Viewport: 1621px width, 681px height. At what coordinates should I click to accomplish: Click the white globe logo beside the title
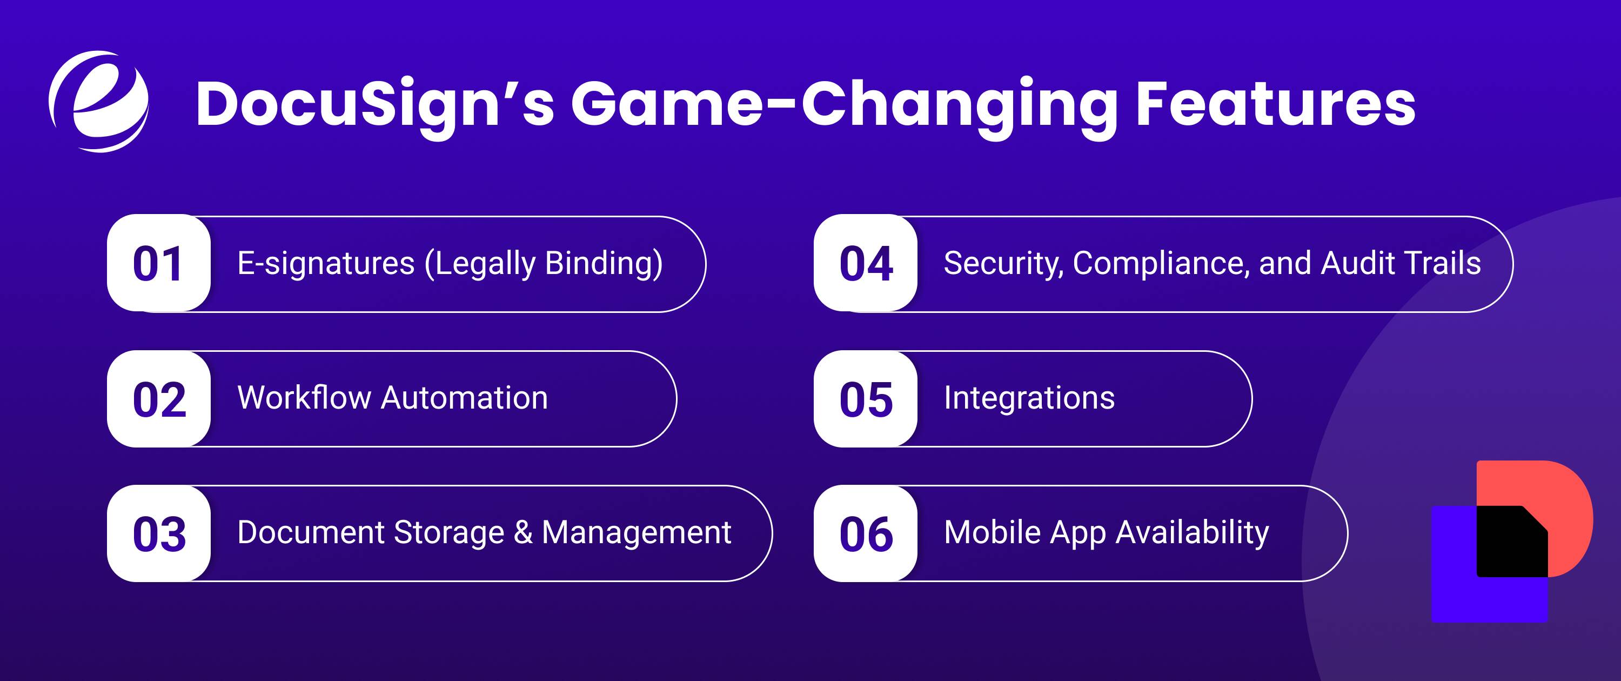coord(99,101)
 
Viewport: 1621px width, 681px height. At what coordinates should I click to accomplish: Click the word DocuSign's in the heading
coord(374,104)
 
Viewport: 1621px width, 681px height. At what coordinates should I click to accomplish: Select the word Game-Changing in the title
coord(843,104)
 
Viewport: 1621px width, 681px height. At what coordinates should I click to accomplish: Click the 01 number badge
coord(158,263)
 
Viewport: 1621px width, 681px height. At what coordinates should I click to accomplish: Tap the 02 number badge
coord(158,399)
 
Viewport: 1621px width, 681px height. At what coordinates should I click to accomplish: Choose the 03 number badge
coord(158,534)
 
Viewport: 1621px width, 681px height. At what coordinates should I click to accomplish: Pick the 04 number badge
coord(865,263)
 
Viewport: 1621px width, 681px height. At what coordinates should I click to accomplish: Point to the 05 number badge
coord(865,399)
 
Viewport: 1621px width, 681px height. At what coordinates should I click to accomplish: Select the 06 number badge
coord(865,534)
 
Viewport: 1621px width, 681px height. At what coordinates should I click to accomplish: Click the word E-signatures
coord(325,263)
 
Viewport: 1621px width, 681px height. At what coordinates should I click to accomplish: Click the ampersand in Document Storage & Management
coord(523,532)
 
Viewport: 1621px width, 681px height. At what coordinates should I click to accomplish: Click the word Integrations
coord(1029,398)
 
